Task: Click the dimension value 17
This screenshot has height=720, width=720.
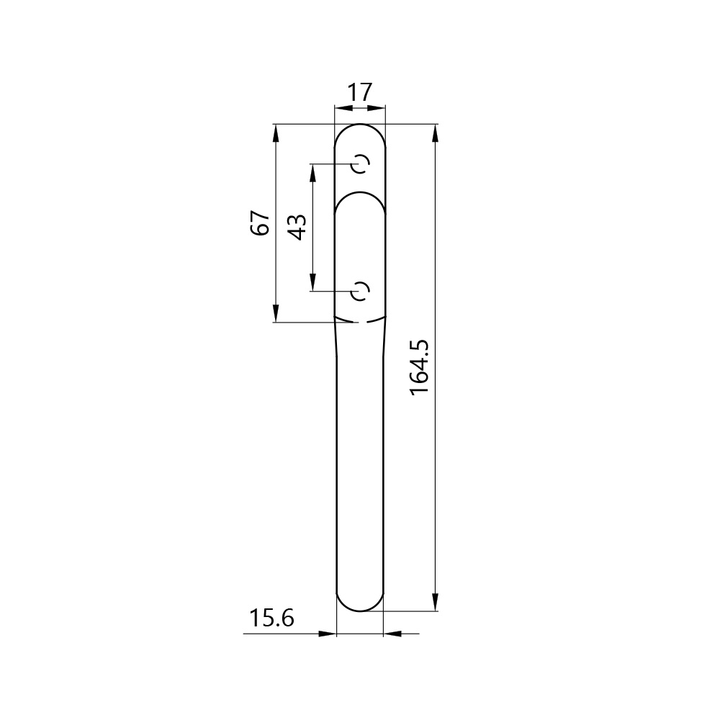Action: click(x=359, y=92)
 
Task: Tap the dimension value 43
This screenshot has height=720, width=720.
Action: click(x=297, y=228)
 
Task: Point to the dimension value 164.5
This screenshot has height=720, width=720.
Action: click(x=419, y=367)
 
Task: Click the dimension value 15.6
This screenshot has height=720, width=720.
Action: click(x=271, y=618)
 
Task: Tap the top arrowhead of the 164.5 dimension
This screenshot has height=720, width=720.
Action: click(x=436, y=133)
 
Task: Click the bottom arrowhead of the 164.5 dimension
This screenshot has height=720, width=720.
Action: click(x=436, y=602)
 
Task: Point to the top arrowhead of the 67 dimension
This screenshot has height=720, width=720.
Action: click(x=276, y=133)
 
